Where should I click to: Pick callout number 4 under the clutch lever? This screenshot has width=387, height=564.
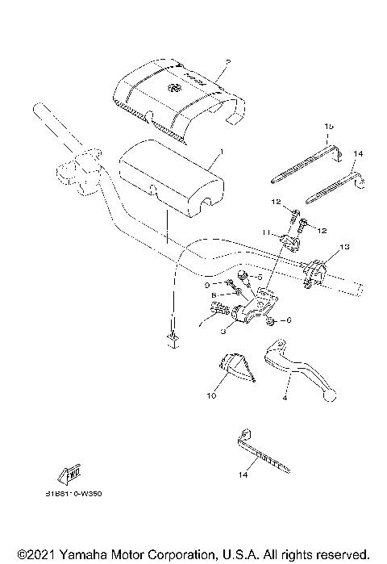[x=285, y=397]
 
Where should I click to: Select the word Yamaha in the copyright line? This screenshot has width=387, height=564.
[x=81, y=554]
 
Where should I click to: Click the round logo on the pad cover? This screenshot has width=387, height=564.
[x=172, y=88]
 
